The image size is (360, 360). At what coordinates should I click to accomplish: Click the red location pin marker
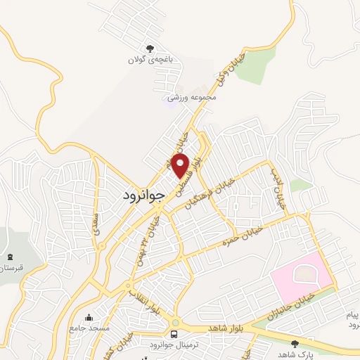click(x=181, y=167)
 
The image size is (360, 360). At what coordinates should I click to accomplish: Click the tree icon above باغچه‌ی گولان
click(x=150, y=49)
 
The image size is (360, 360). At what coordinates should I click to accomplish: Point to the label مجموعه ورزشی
click(x=192, y=97)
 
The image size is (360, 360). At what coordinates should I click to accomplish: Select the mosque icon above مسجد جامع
click(x=88, y=317)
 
